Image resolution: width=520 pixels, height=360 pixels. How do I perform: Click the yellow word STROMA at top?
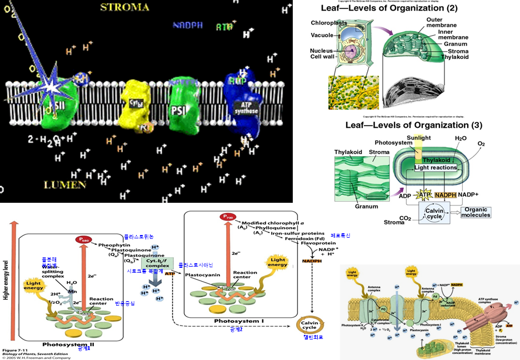point(124,7)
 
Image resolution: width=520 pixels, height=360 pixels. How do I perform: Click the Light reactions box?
point(436,167)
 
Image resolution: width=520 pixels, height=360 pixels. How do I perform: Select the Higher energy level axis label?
point(5,278)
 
